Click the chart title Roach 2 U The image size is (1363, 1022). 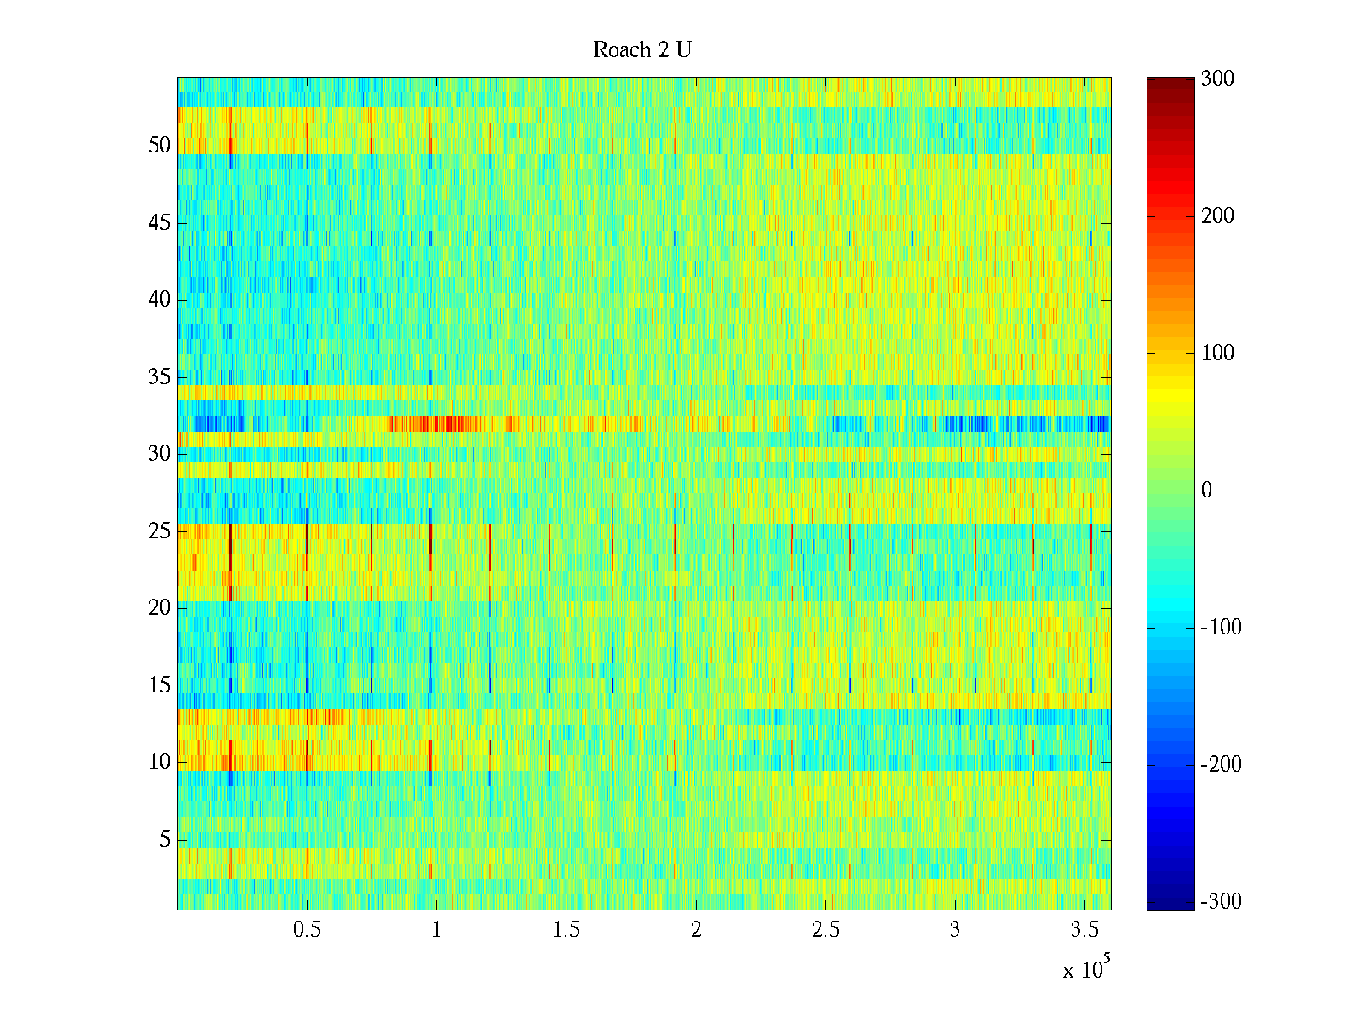click(x=641, y=50)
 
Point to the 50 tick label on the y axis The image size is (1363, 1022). click(x=159, y=146)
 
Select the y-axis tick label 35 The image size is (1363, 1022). click(x=159, y=377)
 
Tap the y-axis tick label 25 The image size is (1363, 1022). click(x=159, y=531)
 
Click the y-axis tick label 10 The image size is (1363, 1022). click(x=159, y=762)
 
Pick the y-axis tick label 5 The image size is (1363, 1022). click(x=164, y=840)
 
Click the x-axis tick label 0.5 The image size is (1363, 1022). click(x=307, y=930)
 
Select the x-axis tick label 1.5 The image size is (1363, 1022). click(x=566, y=930)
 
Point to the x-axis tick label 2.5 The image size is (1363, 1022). click(x=825, y=930)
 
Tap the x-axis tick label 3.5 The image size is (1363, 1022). click(x=1084, y=930)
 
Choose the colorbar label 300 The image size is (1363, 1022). click(x=1217, y=79)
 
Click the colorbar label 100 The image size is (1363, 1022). click(x=1217, y=353)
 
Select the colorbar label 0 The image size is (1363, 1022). click(x=1206, y=491)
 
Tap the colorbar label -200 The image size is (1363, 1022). click(x=1221, y=765)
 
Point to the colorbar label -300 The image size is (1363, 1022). click(x=1221, y=902)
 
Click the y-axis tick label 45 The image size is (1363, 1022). click(x=159, y=223)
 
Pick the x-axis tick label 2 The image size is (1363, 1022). click(x=696, y=930)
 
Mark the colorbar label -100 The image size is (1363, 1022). click(x=1221, y=628)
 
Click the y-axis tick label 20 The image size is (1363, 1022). click(x=159, y=608)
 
